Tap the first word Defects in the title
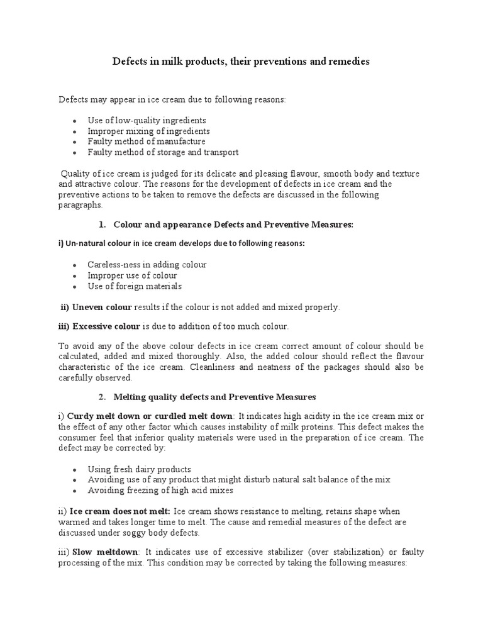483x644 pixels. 128,62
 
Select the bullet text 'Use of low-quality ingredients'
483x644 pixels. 147,120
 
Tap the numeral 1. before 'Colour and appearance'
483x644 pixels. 102,225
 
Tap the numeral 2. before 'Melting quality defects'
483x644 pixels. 102,397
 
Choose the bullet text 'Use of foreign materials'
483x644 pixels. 135,286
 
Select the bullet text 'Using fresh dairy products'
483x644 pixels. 139,469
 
